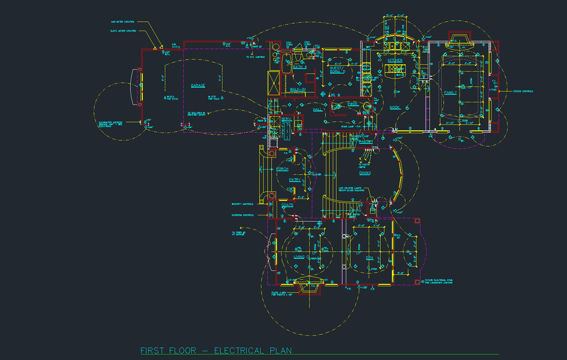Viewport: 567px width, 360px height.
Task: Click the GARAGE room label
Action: [198, 86]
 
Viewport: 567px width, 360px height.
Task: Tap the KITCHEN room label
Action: [395, 60]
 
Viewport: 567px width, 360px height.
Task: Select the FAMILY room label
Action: [450, 93]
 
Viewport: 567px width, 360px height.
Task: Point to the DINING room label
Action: [365, 173]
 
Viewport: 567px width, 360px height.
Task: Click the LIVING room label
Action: [299, 257]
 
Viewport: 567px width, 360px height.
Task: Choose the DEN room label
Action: [369, 258]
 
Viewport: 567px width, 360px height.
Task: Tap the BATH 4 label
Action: [300, 67]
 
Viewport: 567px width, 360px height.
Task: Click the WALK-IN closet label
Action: [298, 90]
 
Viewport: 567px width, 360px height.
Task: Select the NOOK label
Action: [395, 107]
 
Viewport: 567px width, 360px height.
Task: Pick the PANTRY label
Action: [365, 142]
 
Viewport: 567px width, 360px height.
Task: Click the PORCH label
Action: [282, 169]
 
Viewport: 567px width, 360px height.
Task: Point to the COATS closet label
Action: [287, 205]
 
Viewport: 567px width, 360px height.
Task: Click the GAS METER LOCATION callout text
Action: [122, 22]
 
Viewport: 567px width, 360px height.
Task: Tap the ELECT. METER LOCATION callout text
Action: [123, 31]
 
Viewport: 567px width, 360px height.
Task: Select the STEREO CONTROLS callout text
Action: [523, 91]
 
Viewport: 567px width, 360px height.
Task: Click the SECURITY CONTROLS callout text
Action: [242, 204]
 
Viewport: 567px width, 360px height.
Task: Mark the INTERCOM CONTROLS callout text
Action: [242, 215]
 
